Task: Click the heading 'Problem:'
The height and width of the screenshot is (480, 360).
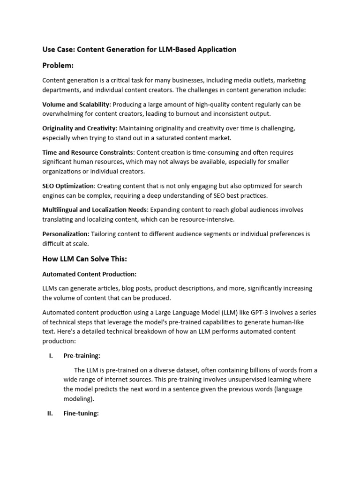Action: tap(58, 65)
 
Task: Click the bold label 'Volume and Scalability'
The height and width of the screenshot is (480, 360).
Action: tap(75, 104)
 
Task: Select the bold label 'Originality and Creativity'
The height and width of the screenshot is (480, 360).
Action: tap(79, 128)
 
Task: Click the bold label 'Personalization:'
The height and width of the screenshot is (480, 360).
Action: tap(66, 234)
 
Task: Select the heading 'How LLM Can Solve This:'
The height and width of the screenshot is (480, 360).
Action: tap(85, 258)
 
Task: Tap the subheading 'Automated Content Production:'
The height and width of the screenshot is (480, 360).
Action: tap(89, 274)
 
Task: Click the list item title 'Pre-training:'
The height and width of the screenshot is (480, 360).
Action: tap(82, 356)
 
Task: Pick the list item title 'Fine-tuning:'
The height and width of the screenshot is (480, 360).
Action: tap(81, 413)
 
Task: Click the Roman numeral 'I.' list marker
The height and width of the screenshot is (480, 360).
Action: tap(51, 356)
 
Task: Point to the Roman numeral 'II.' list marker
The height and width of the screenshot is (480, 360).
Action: tap(50, 413)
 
